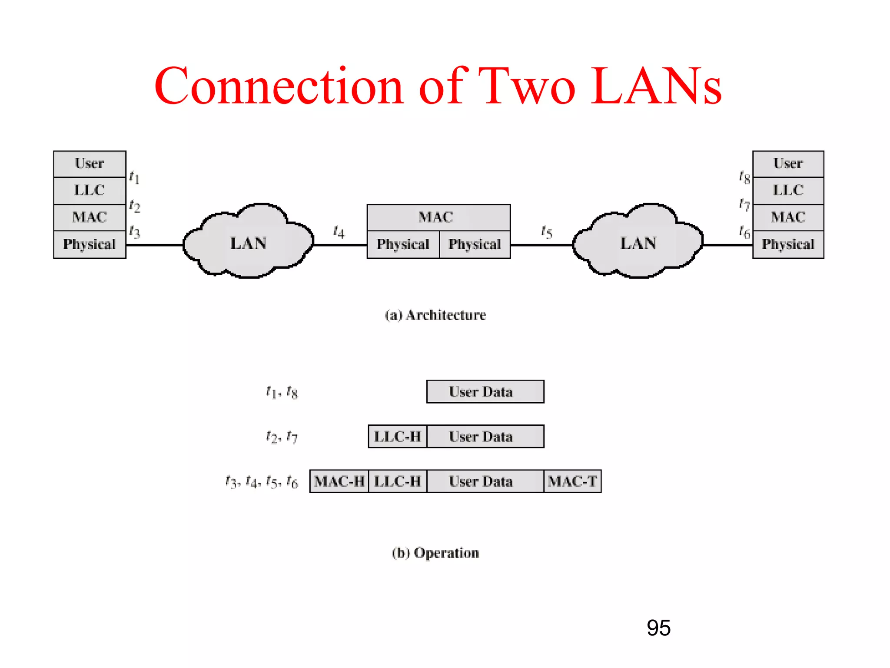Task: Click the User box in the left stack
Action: [x=90, y=164]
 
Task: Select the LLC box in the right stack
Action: [x=788, y=190]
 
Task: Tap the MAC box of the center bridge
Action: [x=438, y=217]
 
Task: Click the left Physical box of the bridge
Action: [x=403, y=244]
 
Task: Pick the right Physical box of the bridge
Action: [x=475, y=244]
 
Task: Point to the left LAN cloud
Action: [x=248, y=243]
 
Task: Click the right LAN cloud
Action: [x=638, y=243]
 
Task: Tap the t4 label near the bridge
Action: [x=339, y=232]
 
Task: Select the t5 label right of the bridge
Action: [x=546, y=232]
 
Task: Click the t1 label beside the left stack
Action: [x=134, y=177]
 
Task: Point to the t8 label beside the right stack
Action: [x=744, y=177]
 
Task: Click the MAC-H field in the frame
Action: [x=339, y=481]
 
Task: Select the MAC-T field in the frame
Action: [x=572, y=481]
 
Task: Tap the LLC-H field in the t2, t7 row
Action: [x=398, y=436]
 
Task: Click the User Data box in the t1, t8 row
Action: [x=485, y=391]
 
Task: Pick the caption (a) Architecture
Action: [x=435, y=315]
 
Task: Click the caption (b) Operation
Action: [x=435, y=553]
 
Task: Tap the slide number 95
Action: [x=658, y=628]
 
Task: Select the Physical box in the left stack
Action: [x=90, y=244]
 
